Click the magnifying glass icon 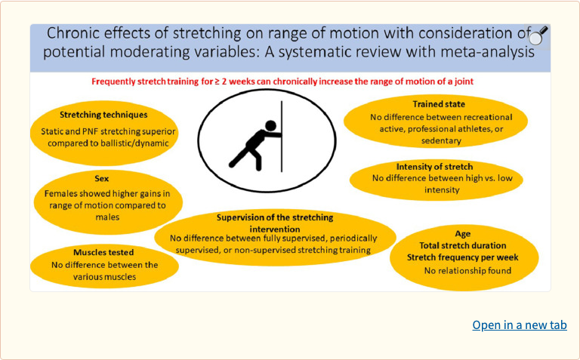coord(538,35)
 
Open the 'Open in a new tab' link coord(519,325)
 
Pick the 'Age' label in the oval coord(462,234)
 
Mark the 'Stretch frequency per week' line coord(463,257)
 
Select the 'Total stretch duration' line coord(463,245)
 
